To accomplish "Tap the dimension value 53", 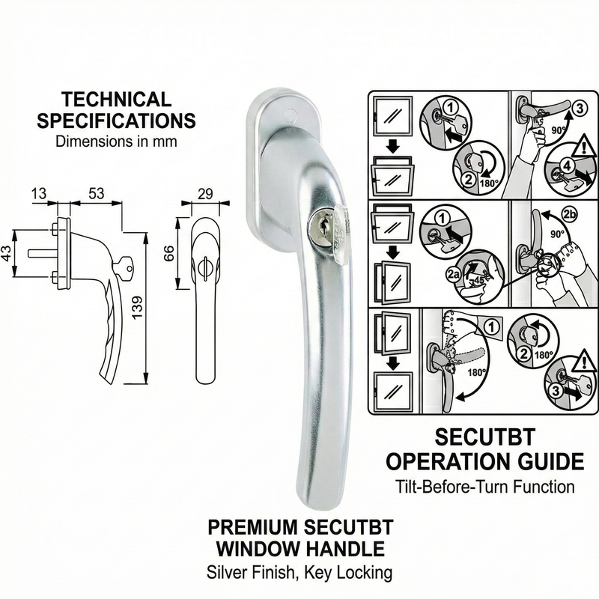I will [x=95, y=194].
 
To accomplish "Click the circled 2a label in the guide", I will [x=451, y=275].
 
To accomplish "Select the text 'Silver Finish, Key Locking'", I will [x=299, y=574].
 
